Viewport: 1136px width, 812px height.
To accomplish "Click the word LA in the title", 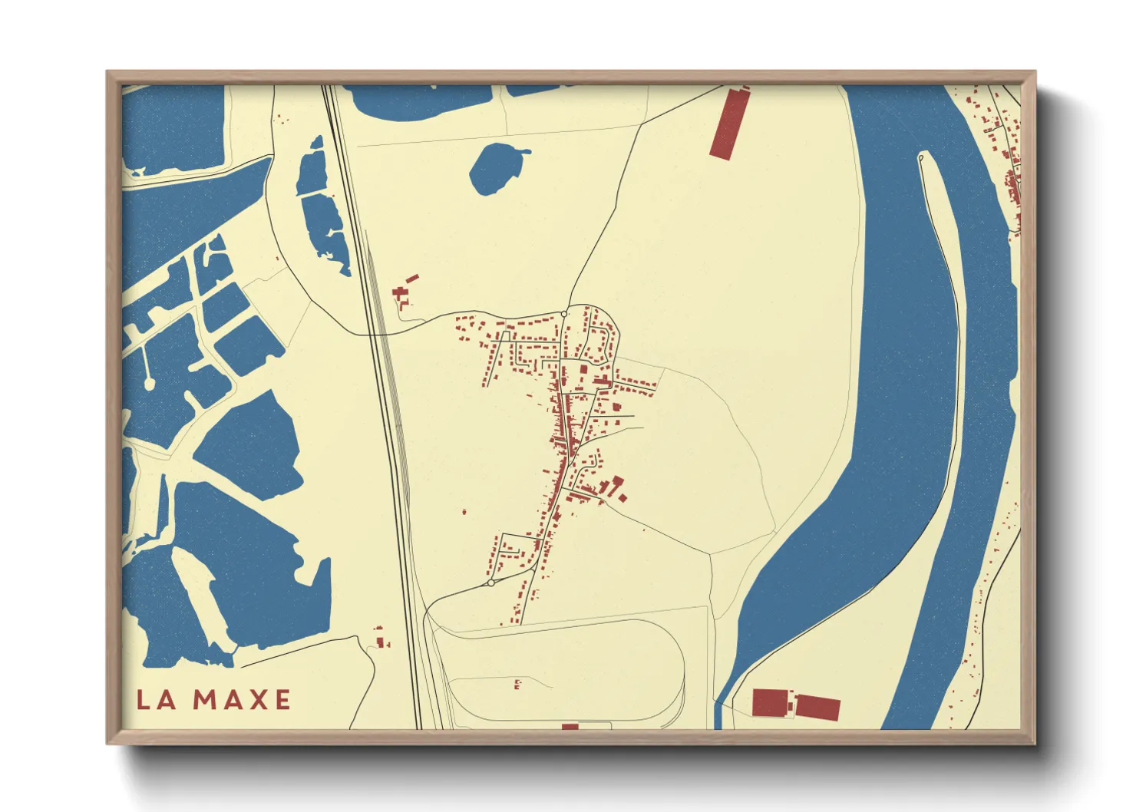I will pyautogui.click(x=157, y=700).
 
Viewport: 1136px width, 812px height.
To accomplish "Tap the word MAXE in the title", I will pyautogui.click(x=242, y=700).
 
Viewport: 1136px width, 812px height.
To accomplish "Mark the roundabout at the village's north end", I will pyautogui.click(x=564, y=314).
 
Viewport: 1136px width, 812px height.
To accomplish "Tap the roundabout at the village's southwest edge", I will pyautogui.click(x=490, y=583).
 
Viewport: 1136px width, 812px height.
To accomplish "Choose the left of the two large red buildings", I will pyautogui.click(x=770, y=702).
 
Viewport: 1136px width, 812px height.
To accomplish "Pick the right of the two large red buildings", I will pyautogui.click(x=818, y=707).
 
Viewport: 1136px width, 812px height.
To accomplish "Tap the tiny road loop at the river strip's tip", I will pyautogui.click(x=921, y=159).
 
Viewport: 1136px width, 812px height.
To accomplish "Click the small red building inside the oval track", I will pyautogui.click(x=517, y=683).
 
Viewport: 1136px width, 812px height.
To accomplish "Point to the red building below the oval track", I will pyautogui.click(x=570, y=726).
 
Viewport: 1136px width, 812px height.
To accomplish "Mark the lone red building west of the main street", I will pyautogui.click(x=464, y=511).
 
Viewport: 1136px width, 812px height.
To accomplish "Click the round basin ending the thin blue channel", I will pyautogui.click(x=149, y=382).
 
